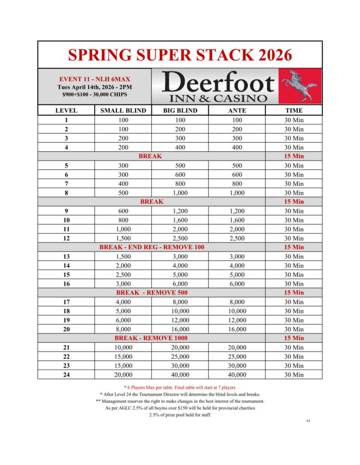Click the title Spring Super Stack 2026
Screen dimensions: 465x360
180,55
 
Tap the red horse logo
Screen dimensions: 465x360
300,86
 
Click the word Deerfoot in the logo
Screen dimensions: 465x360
218,83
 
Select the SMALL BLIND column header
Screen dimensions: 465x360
123,110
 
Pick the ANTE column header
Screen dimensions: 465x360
237,110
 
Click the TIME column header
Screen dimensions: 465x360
294,110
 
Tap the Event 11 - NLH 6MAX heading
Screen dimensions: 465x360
94,79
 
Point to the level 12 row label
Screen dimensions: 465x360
66,238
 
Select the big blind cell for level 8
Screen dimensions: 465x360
180,193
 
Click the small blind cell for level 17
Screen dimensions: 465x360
123,302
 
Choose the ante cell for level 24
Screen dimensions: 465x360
237,375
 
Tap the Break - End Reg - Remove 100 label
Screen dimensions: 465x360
151,247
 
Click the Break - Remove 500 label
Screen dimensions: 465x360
151,292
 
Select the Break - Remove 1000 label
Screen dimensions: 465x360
151,338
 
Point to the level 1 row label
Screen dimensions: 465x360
66,120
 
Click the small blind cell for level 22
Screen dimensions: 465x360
123,356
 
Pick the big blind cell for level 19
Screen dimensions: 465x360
180,320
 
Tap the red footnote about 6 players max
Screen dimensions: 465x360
180,387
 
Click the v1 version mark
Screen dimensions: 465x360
308,420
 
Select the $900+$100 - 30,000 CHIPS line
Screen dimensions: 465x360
94,94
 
